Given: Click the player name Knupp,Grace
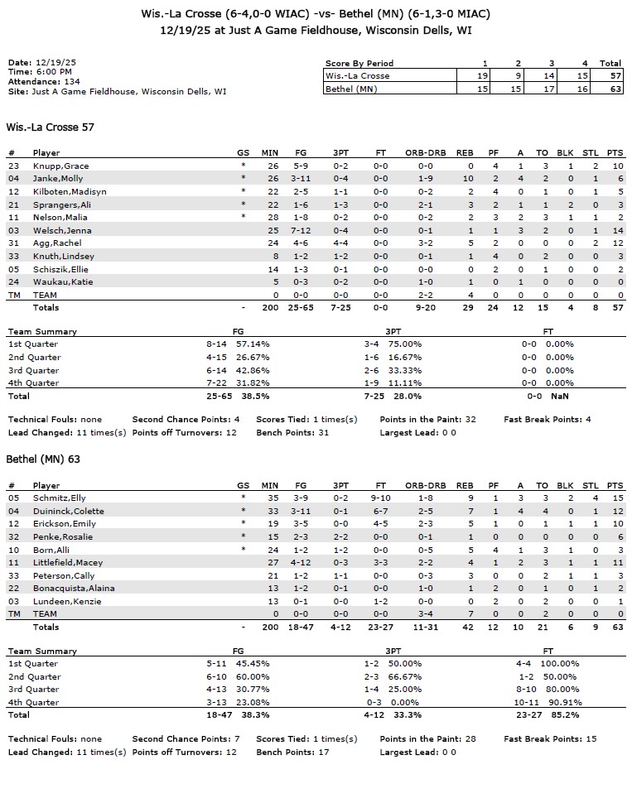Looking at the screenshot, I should (x=60, y=166).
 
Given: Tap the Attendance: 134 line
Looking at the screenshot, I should (x=46, y=82).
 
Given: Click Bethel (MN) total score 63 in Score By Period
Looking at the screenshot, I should (x=610, y=89).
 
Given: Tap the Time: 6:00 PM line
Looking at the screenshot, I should (x=40, y=72).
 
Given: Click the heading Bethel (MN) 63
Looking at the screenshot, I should (x=43, y=459).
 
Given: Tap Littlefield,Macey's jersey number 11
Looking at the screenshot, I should (x=13, y=563).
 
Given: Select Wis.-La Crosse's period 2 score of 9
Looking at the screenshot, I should (x=518, y=75).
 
